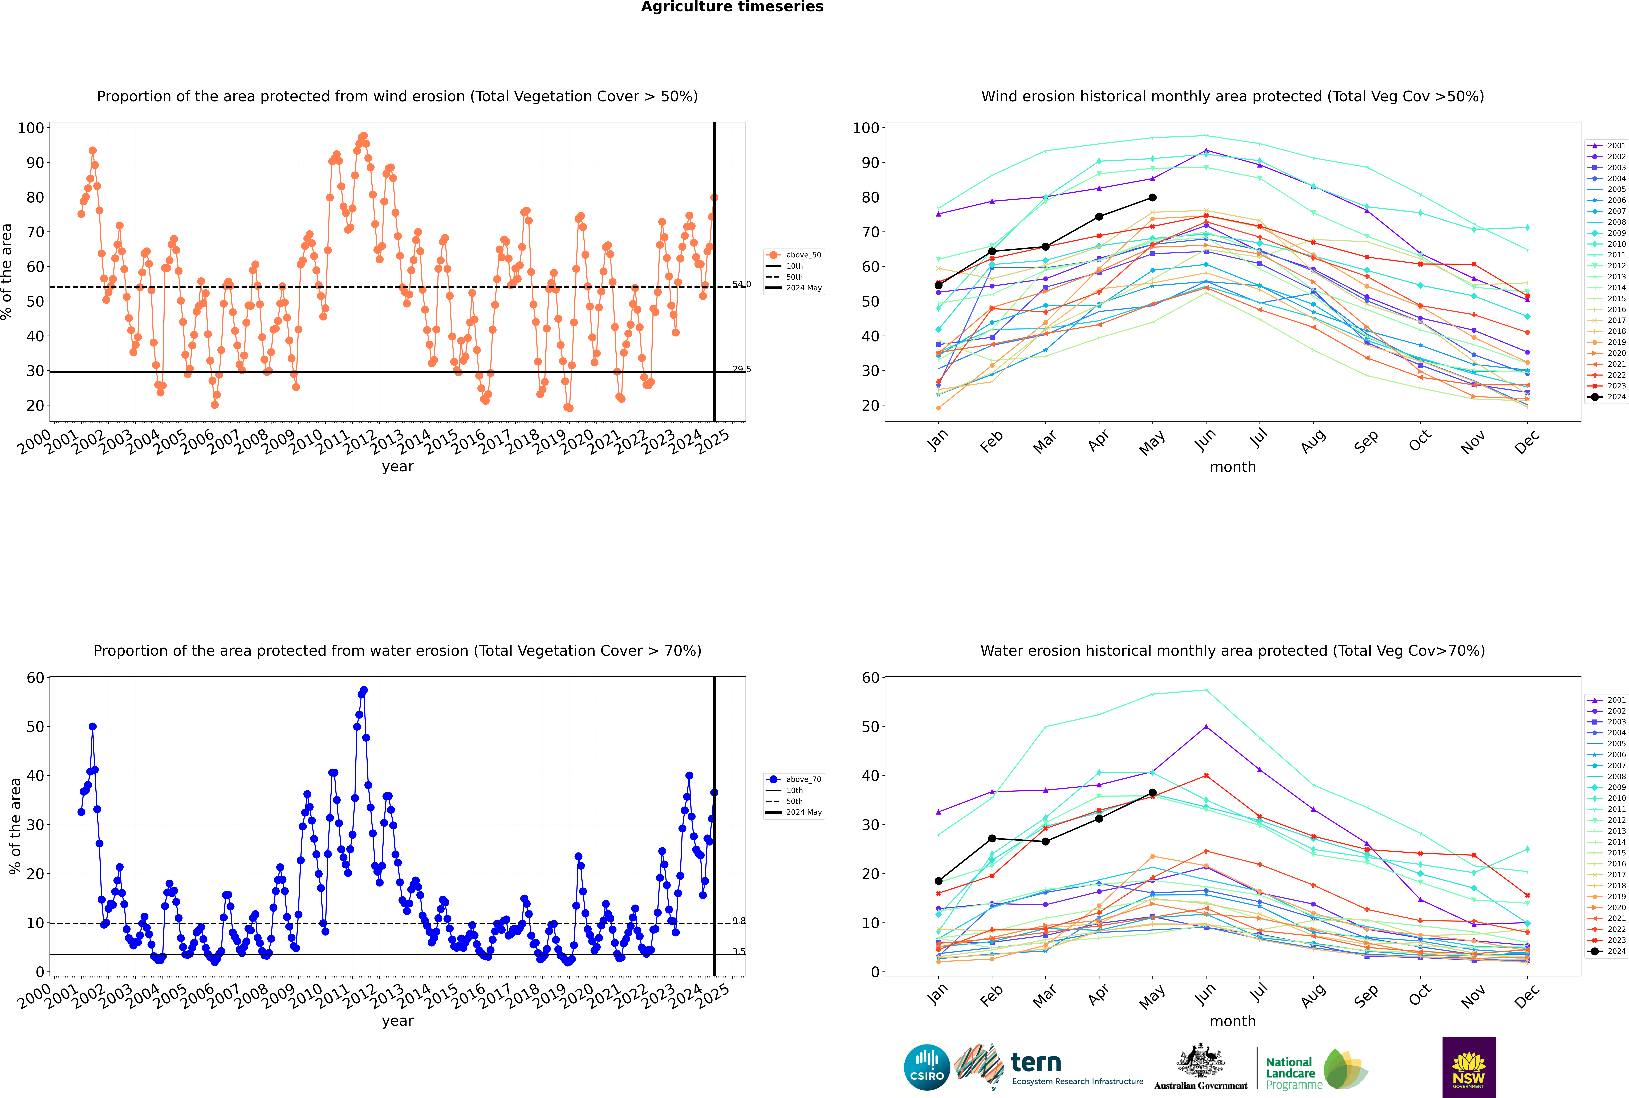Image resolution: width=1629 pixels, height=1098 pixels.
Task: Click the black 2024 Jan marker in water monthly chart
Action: click(x=939, y=881)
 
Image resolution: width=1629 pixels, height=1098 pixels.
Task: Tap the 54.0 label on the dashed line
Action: click(x=742, y=284)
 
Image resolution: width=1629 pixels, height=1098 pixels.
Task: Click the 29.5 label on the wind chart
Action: click(x=742, y=369)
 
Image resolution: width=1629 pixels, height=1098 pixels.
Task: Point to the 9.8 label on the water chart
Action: click(x=740, y=921)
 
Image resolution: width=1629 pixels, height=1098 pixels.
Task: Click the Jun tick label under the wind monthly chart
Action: click(x=1205, y=440)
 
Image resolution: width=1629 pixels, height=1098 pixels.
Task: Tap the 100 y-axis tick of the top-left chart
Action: click(x=31, y=128)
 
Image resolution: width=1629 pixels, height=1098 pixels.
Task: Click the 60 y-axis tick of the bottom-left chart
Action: click(x=35, y=678)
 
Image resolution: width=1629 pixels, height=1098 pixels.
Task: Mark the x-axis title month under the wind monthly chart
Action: click(x=1233, y=467)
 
